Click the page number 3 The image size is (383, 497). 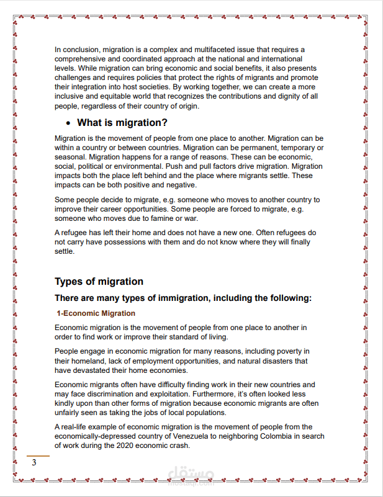(35, 463)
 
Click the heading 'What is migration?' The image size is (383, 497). (122, 123)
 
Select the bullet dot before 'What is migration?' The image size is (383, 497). (68, 123)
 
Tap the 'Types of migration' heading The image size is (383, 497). (99, 282)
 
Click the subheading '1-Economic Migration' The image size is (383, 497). (96, 313)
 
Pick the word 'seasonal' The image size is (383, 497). (70, 157)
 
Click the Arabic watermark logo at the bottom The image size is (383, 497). (192, 475)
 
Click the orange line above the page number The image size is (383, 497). (38, 456)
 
